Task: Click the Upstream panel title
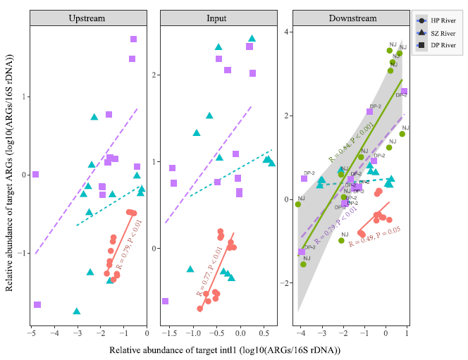tap(88, 18)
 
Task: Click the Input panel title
tap(216, 18)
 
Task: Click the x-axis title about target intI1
tap(226, 349)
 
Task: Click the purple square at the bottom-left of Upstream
tap(37, 304)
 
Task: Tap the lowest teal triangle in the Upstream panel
tap(77, 311)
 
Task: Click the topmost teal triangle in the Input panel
tap(252, 39)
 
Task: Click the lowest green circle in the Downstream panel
tap(304, 264)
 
